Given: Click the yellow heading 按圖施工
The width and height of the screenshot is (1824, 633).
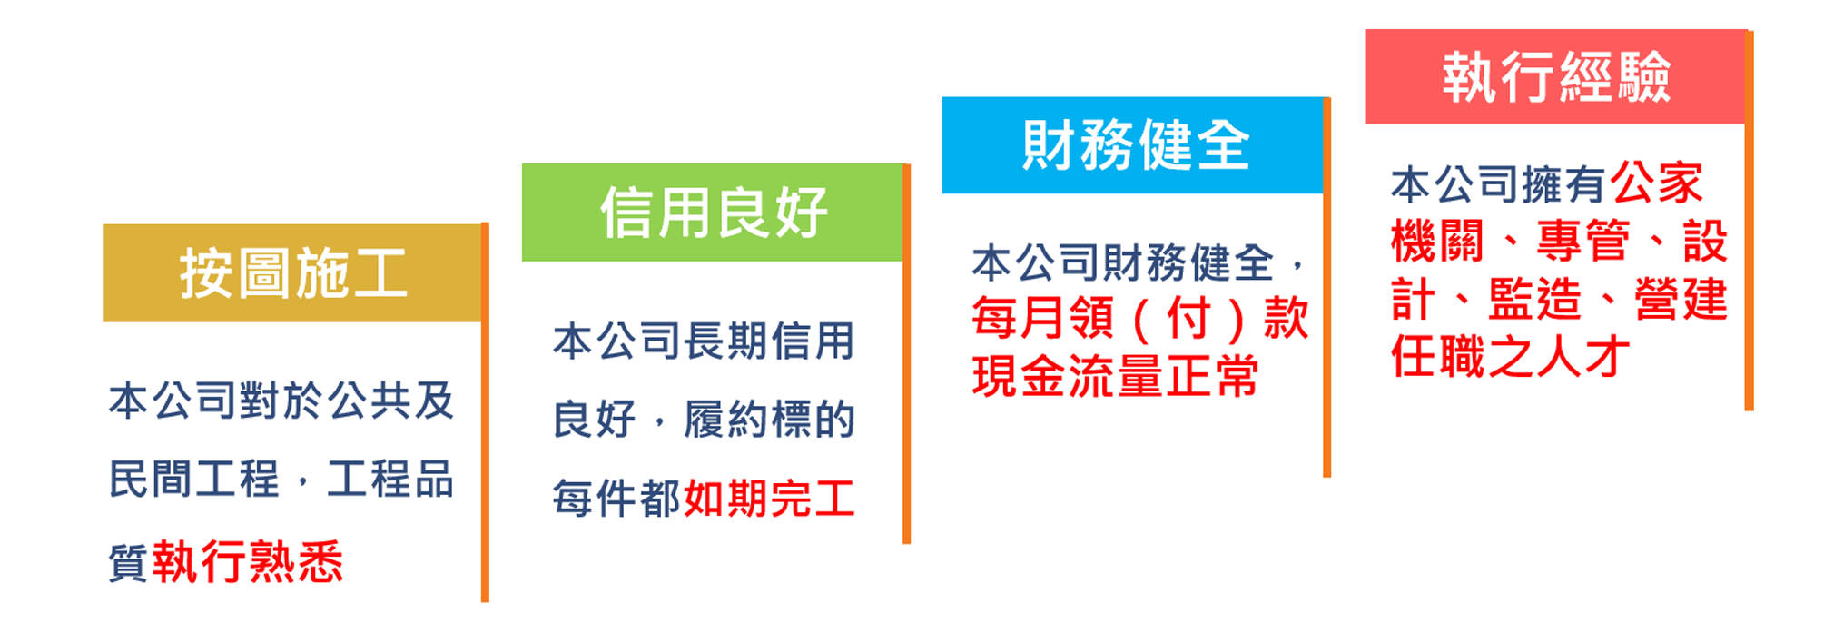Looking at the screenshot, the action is click(x=292, y=273).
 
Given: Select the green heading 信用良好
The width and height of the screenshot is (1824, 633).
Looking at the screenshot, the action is click(x=714, y=213).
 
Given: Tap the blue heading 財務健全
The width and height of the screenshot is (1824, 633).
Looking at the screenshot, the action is click(x=1136, y=145).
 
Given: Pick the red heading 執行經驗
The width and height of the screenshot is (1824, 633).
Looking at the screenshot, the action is click(x=1556, y=77).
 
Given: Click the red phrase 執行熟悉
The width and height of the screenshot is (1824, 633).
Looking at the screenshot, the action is click(x=248, y=561).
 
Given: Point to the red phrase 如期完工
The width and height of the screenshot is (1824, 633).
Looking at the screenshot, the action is click(x=770, y=499).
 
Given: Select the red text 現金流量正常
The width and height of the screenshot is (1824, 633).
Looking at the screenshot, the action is click(x=1115, y=376).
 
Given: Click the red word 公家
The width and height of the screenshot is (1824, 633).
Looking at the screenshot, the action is click(x=1658, y=183).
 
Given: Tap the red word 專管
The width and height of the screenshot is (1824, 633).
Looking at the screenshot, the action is click(x=1582, y=242).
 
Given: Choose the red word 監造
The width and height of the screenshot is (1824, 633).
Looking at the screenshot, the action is click(x=1534, y=300).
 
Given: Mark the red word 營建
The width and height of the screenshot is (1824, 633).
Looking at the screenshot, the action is click(x=1681, y=300).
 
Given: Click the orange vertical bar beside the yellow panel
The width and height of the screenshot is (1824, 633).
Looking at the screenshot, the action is click(x=485, y=412).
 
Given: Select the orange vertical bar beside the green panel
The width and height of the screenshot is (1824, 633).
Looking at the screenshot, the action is click(x=906, y=354).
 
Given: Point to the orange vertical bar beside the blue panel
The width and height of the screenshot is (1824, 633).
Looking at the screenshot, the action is click(x=1326, y=287).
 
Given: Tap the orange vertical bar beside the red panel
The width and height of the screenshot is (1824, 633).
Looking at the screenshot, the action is click(x=1749, y=221).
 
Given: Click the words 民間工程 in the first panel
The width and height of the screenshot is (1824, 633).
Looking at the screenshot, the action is click(x=194, y=480).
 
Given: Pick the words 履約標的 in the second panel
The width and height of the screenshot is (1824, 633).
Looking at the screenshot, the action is click(x=770, y=420).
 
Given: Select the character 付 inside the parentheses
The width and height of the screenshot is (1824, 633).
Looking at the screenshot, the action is click(x=1188, y=318).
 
